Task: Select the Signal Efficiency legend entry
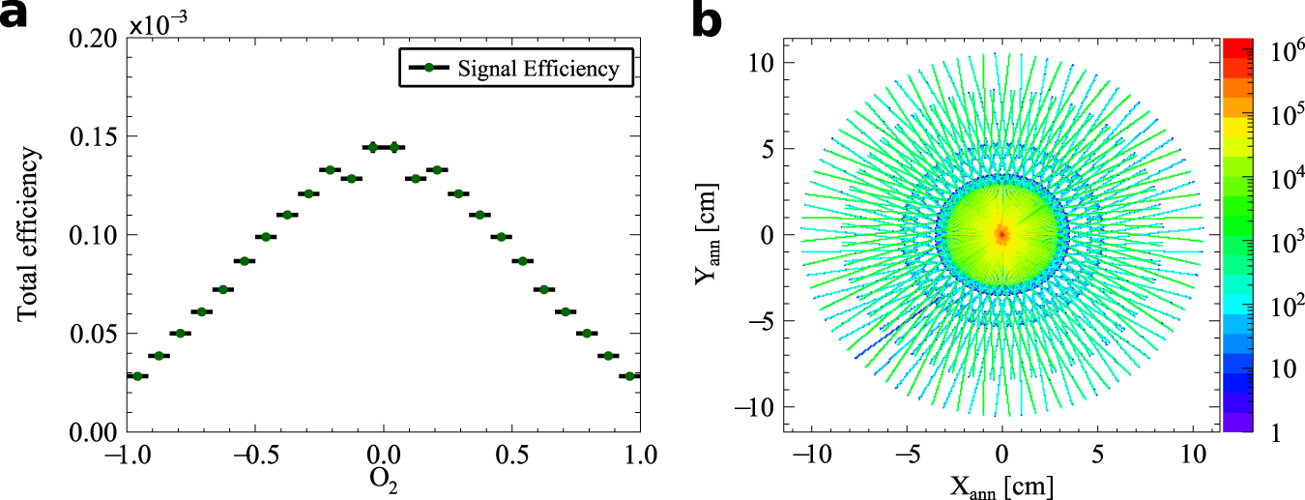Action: pyautogui.click(x=517, y=69)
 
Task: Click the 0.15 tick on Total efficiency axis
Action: pyautogui.click(x=94, y=136)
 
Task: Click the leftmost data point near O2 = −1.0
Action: pyautogui.click(x=137, y=375)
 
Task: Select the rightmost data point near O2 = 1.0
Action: pyautogui.click(x=630, y=375)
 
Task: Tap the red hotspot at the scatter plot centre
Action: pyautogui.click(x=1002, y=234)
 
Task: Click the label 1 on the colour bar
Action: pyautogui.click(x=1264, y=435)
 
